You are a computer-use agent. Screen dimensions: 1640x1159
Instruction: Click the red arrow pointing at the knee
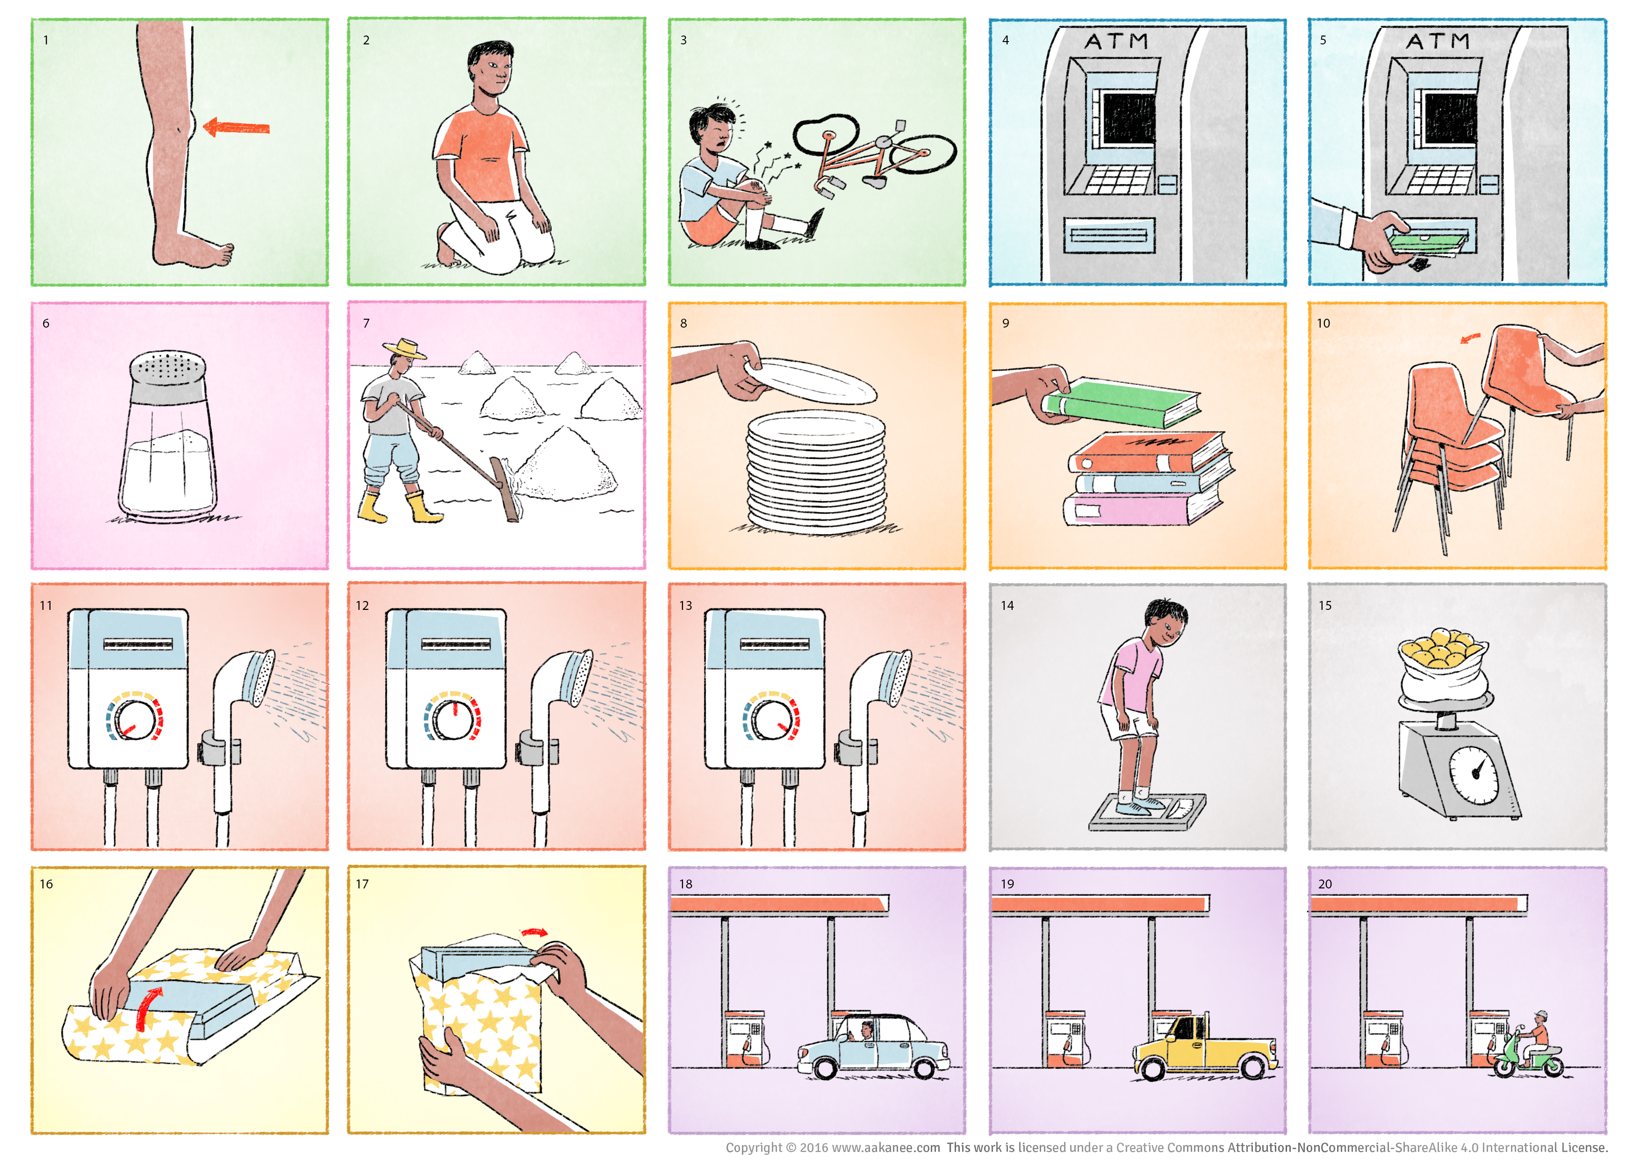pyautogui.click(x=237, y=128)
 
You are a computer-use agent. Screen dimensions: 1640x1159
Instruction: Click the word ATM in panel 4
pyautogui.click(x=1116, y=42)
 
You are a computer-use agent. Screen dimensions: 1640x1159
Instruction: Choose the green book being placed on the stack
pyautogui.click(x=1122, y=401)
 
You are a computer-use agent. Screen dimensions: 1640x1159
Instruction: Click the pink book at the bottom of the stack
pyautogui.click(x=1142, y=507)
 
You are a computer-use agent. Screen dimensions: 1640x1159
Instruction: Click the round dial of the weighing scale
pyautogui.click(x=1474, y=775)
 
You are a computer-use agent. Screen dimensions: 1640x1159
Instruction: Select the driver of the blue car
pyautogui.click(x=866, y=1030)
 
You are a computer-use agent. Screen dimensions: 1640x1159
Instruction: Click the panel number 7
pyautogui.click(x=367, y=323)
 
